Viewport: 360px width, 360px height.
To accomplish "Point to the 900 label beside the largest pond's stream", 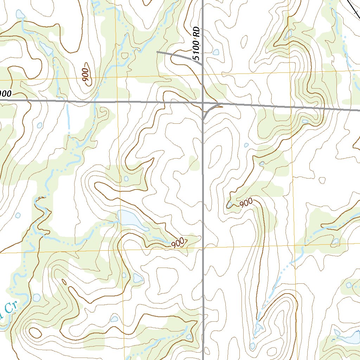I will coord(179,243).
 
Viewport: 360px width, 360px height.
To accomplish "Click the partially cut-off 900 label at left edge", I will coord(6,94).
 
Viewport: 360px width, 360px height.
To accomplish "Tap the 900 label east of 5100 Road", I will coord(246,203).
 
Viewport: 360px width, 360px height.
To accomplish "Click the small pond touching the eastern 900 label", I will coord(230,205).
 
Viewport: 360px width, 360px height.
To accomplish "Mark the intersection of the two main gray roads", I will coord(204,103).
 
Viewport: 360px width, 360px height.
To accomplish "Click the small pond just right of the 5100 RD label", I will coord(216,53).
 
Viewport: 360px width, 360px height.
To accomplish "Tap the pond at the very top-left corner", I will coord(20,14).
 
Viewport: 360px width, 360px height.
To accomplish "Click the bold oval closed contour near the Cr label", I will coord(35,332).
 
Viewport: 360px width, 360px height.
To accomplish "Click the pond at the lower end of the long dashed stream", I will coord(259,329).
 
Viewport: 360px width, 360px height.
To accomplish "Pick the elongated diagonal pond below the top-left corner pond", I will coord(46,48).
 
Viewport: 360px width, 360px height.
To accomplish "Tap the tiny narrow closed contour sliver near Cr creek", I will coord(64,282).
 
